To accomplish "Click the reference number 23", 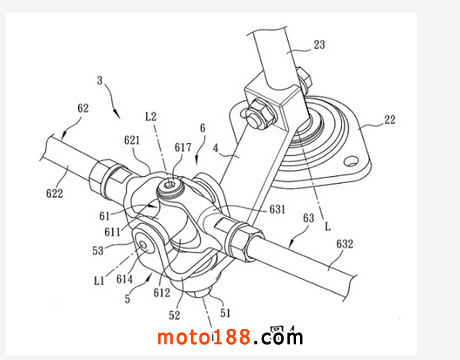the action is (319, 45).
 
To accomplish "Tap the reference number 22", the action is (390, 120).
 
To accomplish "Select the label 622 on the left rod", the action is (54, 193).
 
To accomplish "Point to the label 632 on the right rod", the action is (344, 244).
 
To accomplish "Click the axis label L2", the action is (151, 116).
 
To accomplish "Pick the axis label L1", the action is (99, 281).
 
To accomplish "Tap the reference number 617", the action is (183, 147).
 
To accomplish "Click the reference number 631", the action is (277, 209).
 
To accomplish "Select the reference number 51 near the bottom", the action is (225, 313).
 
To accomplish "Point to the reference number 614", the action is (124, 279).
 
